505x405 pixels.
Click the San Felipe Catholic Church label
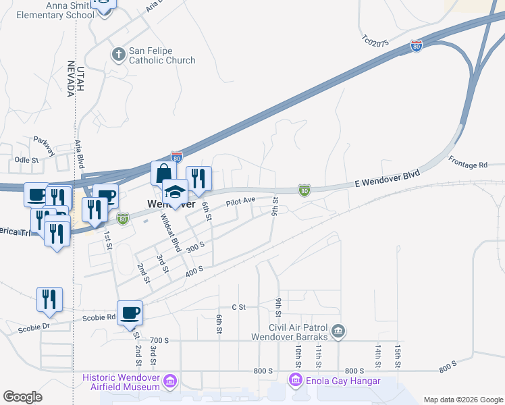162,55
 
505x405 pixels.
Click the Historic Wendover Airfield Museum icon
169,382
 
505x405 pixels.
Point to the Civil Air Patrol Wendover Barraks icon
339,331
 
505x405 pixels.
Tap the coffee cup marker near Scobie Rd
130,313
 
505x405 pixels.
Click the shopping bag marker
163,173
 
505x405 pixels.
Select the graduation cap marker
175,192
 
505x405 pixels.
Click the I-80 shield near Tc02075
417,47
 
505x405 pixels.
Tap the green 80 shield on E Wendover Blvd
304,191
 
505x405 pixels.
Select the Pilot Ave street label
240,201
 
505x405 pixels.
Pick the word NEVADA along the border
70,79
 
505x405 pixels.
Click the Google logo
22,397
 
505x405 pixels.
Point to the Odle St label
27,161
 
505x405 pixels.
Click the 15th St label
398,355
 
